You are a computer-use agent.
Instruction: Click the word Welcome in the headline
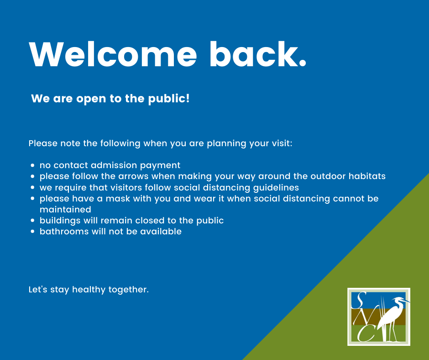(x=113, y=54)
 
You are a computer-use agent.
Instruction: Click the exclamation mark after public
(x=188, y=98)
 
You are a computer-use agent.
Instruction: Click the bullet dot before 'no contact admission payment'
(x=33, y=165)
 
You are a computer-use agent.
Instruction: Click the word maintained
(x=65, y=209)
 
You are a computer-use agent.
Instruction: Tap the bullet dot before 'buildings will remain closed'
(x=33, y=221)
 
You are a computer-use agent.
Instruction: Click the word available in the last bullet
(x=161, y=231)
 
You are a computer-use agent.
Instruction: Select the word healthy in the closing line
(x=89, y=290)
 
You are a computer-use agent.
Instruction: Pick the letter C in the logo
(x=366, y=333)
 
